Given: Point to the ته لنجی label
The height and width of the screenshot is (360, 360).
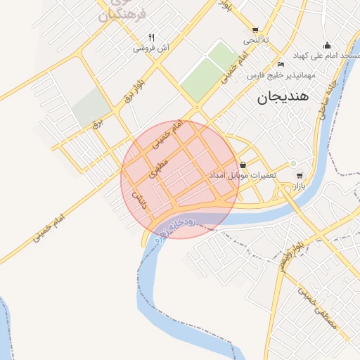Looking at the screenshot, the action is click(x=255, y=41).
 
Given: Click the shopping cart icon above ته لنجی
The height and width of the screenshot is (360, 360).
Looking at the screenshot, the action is click(x=255, y=30).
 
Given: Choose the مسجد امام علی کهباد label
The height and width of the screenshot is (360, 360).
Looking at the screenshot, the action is click(x=327, y=56).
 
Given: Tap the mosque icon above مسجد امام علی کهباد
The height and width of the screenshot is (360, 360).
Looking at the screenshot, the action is click(x=327, y=44).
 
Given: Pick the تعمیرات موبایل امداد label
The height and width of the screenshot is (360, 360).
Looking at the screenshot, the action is click(x=244, y=175).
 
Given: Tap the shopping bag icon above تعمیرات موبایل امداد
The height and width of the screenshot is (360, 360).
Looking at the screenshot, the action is click(x=243, y=165).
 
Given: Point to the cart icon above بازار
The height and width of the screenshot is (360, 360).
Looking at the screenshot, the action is click(x=299, y=175).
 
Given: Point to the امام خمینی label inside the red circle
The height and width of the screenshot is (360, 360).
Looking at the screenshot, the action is click(x=167, y=135).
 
